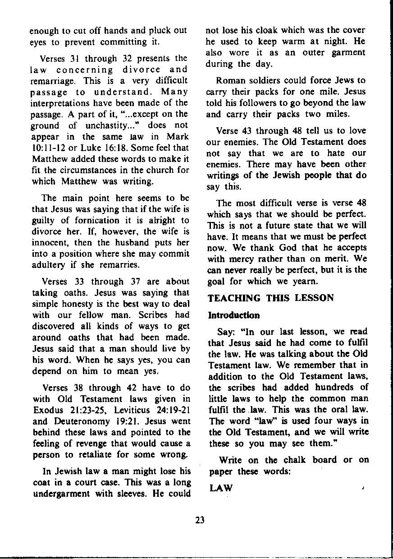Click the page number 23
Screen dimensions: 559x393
[x=201, y=520]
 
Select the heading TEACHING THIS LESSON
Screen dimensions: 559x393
[x=270, y=298]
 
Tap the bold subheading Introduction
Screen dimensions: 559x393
[x=233, y=315]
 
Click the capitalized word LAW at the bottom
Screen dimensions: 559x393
[x=221, y=488]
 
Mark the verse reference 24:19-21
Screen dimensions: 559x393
[x=173, y=410]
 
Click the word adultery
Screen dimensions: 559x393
[x=49, y=265]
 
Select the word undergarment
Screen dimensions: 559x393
[x=60, y=493]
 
